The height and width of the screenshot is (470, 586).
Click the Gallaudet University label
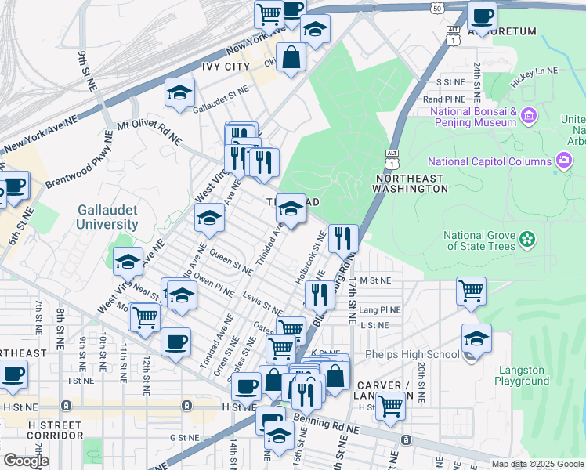[108, 217]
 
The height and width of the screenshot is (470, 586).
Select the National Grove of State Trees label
[479, 240]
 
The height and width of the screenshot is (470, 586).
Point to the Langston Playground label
[522, 375]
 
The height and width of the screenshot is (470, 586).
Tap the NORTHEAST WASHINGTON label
[409, 183]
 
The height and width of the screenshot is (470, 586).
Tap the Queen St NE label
[230, 262]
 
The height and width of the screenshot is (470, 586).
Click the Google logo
[25, 461]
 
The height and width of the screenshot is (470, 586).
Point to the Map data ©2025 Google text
[537, 464]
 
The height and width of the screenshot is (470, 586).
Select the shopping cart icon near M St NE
[471, 291]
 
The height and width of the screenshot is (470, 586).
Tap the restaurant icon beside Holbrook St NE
[343, 239]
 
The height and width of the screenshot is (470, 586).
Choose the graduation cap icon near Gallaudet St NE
[179, 92]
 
